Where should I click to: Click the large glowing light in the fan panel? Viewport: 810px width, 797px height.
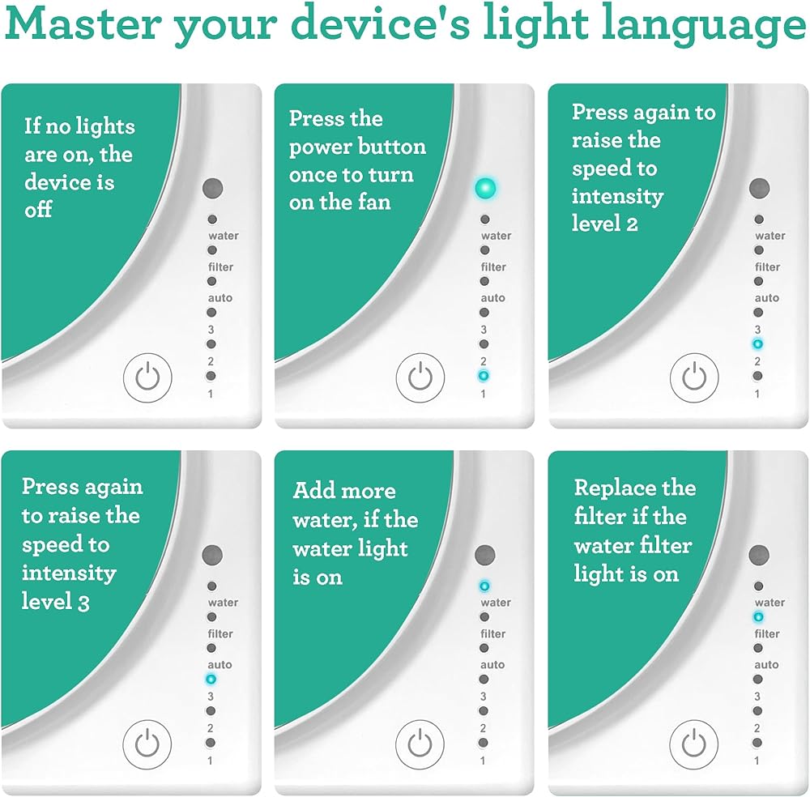(x=485, y=189)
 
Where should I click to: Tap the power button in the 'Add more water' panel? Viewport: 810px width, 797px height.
(x=420, y=744)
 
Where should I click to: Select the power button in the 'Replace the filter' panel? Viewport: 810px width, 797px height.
(x=694, y=744)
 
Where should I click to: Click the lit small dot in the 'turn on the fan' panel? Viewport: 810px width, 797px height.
(x=484, y=376)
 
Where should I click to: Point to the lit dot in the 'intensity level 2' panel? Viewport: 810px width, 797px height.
(x=757, y=344)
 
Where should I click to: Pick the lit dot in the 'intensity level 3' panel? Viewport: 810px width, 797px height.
(x=211, y=679)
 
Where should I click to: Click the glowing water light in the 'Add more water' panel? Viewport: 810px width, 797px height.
(x=484, y=586)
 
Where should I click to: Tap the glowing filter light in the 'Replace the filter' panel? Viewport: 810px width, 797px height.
(x=758, y=616)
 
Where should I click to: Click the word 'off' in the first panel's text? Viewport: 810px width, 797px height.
(x=38, y=209)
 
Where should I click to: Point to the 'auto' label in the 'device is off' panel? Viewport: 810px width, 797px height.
(x=220, y=298)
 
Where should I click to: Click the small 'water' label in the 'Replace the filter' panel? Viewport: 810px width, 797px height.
(x=769, y=603)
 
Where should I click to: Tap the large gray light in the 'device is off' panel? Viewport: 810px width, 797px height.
(x=212, y=189)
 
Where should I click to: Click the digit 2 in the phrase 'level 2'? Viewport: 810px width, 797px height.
(x=632, y=224)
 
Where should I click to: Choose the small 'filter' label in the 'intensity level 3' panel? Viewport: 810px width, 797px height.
(x=220, y=633)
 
